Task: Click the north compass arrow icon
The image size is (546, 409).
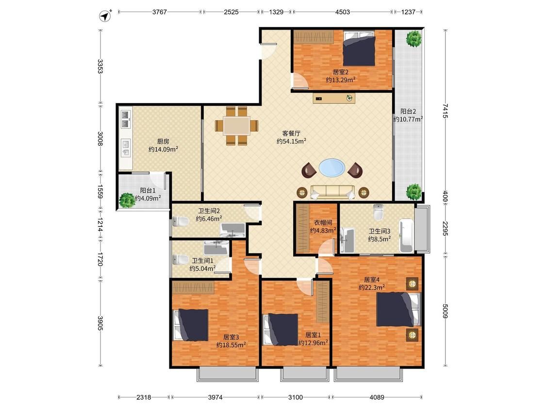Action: (x=105, y=16)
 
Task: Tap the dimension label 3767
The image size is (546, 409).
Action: (x=160, y=12)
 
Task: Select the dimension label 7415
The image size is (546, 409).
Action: (x=445, y=110)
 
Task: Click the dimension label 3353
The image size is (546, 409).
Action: (x=100, y=66)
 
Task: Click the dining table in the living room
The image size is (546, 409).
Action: (x=237, y=126)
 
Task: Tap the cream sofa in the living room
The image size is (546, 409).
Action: (x=332, y=192)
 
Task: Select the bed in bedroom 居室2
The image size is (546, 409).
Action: (x=359, y=48)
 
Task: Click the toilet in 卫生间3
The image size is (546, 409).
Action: (x=378, y=212)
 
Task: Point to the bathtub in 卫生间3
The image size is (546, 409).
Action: (x=406, y=236)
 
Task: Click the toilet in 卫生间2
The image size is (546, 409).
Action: (x=181, y=220)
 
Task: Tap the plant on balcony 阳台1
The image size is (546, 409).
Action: (x=127, y=200)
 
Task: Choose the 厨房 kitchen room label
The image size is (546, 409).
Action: (x=163, y=141)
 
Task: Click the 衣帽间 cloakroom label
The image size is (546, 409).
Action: (x=323, y=222)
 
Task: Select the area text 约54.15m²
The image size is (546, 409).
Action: (x=292, y=141)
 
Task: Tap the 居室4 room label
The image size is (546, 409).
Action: (x=372, y=279)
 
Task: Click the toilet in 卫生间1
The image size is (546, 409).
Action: (x=181, y=259)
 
